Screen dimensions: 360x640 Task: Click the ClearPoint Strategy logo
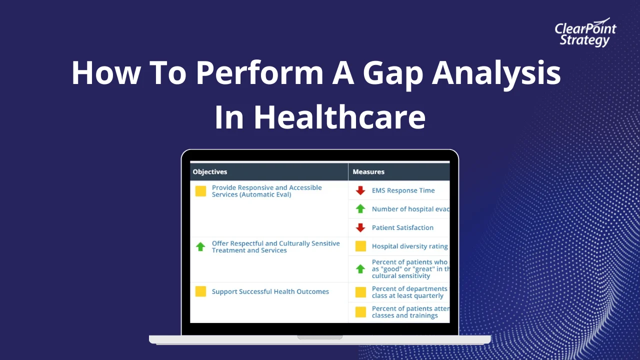(x=585, y=34)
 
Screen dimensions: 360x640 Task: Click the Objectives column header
(x=210, y=171)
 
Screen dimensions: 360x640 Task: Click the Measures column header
(x=368, y=171)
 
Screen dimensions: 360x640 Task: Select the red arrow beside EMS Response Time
(x=360, y=190)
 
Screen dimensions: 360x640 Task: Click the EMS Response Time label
(x=403, y=190)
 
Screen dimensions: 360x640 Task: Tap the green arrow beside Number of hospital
(x=360, y=209)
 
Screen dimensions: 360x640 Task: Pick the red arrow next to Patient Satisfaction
(x=360, y=227)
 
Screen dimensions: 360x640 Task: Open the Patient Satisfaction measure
(x=402, y=227)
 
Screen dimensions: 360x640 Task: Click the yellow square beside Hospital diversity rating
(x=360, y=246)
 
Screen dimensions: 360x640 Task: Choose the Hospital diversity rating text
(x=409, y=246)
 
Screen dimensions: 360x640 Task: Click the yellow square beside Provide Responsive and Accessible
(x=200, y=191)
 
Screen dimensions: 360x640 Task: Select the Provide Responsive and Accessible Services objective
(x=266, y=191)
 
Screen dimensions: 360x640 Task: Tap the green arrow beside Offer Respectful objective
(x=200, y=246)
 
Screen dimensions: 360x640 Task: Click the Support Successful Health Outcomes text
(x=270, y=291)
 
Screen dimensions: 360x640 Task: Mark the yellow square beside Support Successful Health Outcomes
(x=200, y=291)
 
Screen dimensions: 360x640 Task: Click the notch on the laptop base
(x=320, y=337)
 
